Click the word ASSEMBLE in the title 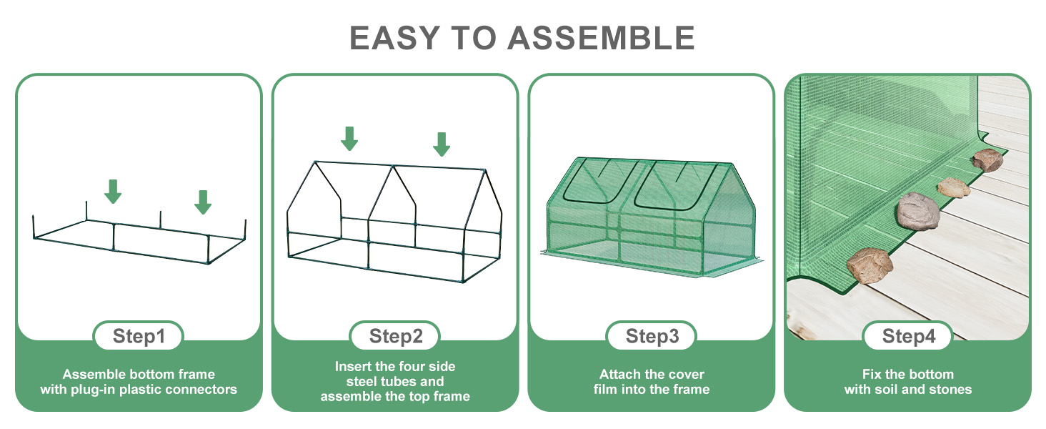602,38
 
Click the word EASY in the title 395,38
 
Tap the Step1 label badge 139,336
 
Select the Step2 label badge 395,336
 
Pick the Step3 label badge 652,336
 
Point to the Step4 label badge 908,336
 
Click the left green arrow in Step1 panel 113,191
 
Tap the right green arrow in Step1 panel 203,202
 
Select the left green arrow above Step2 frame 349,138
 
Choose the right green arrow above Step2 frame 442,144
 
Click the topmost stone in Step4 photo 987,160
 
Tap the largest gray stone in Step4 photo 918,211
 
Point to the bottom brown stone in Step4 870,265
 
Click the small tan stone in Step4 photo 954,187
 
